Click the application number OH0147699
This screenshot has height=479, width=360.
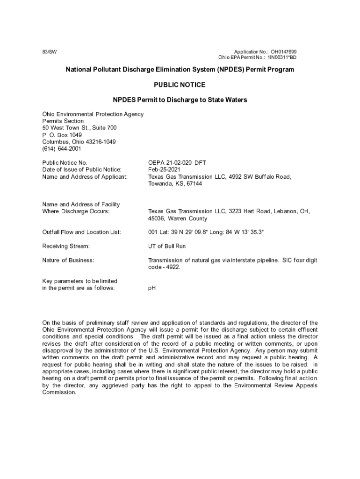point(284,51)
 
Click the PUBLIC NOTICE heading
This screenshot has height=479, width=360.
point(180,85)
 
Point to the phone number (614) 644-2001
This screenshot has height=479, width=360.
point(62,149)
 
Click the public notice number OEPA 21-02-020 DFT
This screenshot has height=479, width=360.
point(177,163)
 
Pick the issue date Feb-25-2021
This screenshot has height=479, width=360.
point(164,170)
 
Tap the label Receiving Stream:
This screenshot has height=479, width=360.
point(66,246)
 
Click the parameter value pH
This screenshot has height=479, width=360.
point(152,288)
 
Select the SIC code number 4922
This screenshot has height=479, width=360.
point(172,267)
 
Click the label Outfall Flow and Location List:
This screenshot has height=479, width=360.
point(82,232)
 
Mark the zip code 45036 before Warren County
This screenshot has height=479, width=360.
point(157,218)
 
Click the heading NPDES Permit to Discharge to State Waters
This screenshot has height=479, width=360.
point(180,100)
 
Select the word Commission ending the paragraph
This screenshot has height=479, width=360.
point(59,392)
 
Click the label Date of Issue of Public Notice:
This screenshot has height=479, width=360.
point(82,170)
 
